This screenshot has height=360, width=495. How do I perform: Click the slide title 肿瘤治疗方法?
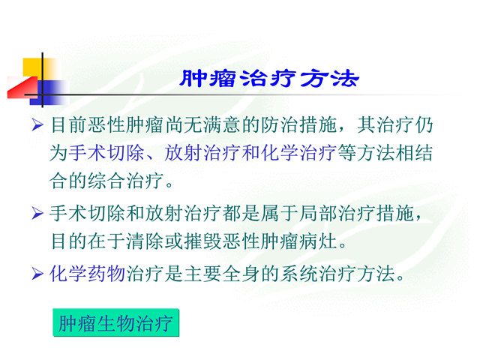269,78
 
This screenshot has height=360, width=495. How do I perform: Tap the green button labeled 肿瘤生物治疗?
115,322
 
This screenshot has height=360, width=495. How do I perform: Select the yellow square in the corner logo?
33,67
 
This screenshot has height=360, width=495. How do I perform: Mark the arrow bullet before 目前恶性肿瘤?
37,125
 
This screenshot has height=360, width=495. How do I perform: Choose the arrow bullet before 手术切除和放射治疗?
37,214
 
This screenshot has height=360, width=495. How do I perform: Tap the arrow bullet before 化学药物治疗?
37,274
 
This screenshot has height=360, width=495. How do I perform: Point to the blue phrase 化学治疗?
299,153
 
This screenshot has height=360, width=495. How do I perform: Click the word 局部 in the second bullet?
318,214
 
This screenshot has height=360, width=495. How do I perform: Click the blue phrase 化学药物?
88,274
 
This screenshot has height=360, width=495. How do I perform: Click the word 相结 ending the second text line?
414,153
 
